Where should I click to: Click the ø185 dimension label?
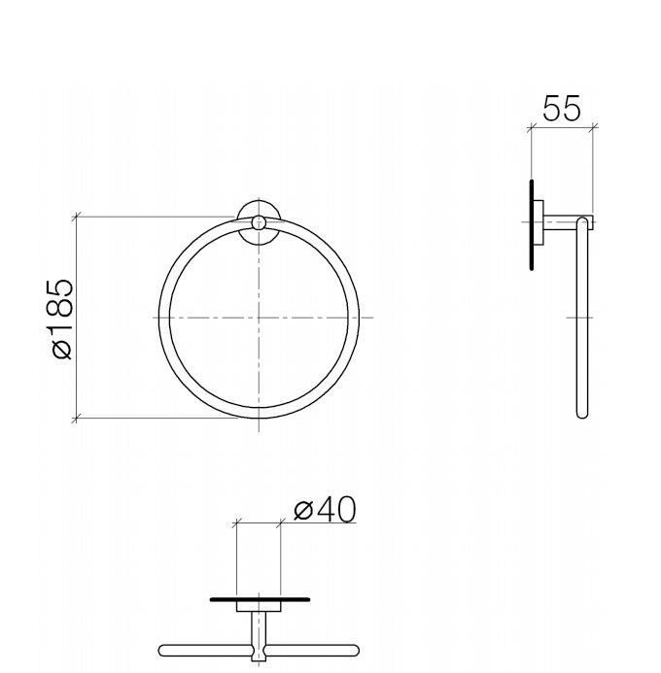click(x=61, y=318)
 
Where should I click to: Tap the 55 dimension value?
click(x=561, y=109)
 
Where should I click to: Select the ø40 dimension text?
click(x=324, y=509)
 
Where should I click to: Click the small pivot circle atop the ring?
click(x=259, y=222)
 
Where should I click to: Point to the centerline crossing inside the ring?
click(x=259, y=318)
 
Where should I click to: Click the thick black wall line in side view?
click(x=531, y=223)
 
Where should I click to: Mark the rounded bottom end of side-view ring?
click(x=582, y=413)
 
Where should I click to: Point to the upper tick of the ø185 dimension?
click(x=76, y=216)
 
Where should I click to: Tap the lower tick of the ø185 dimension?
click(x=76, y=419)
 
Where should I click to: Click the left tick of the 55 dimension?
click(x=531, y=126)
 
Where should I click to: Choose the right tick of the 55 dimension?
click(x=593, y=126)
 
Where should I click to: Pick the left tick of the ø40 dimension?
click(x=236, y=523)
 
